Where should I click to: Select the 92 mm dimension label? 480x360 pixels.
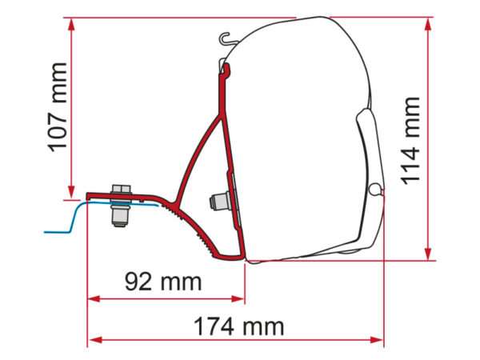tap(163, 282)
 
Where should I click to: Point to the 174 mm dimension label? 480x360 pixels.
tap(238, 326)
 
